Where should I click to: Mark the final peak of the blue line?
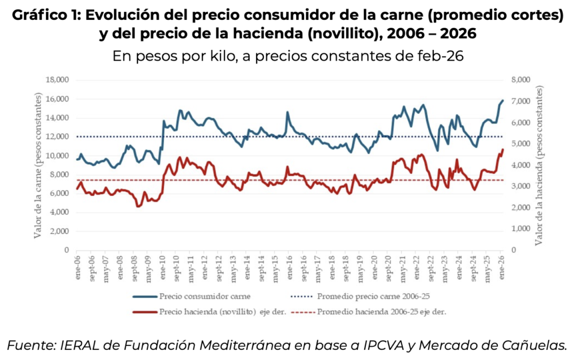click(x=502, y=100)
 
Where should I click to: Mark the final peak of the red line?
click(x=502, y=149)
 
